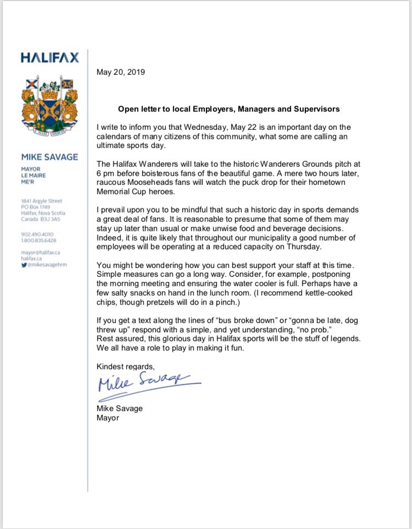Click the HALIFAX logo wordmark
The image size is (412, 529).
click(49, 57)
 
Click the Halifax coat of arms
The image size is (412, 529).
click(49, 107)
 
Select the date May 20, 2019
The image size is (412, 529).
click(121, 72)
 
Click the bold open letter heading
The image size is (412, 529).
click(229, 109)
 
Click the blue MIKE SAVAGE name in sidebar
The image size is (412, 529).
click(49, 157)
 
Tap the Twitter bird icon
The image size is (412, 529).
click(24, 265)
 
